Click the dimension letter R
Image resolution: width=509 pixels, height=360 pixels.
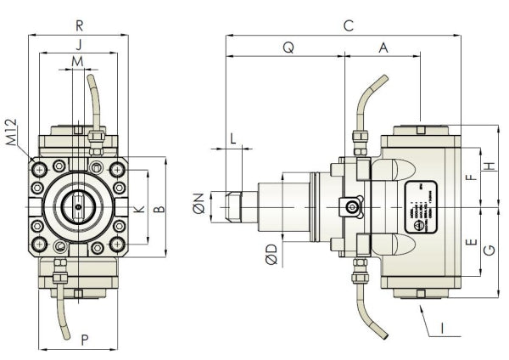pyautogui.click(x=79, y=25)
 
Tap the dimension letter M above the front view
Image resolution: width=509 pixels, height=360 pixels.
pyautogui.click(x=78, y=62)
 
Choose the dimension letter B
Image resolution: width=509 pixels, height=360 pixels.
pyautogui.click(x=159, y=208)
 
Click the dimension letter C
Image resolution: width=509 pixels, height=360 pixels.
pyautogui.click(x=348, y=25)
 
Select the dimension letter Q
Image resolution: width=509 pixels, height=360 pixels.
pyautogui.click(x=288, y=48)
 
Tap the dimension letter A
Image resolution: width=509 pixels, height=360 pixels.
pyautogui.click(x=383, y=48)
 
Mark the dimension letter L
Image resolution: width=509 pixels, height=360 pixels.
pyautogui.click(x=233, y=138)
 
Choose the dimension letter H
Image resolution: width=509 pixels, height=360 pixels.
pyautogui.click(x=489, y=166)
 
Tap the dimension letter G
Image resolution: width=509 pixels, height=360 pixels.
pyautogui.click(x=489, y=251)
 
